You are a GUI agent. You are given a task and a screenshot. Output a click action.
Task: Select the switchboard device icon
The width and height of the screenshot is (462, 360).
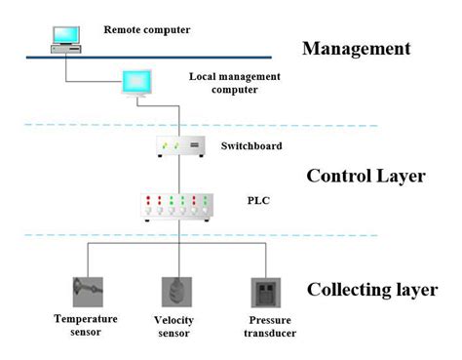[x=180, y=146]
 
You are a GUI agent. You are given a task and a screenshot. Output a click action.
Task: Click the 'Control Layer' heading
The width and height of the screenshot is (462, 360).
[x=366, y=177]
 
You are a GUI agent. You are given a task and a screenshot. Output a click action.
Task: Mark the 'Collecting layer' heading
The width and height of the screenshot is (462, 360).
[x=371, y=290]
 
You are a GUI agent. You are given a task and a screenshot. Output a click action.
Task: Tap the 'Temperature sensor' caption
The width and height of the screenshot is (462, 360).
[x=86, y=325]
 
